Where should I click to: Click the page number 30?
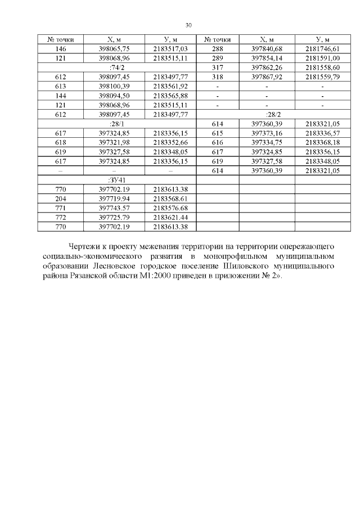click(188, 25)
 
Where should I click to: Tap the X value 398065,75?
click(114, 49)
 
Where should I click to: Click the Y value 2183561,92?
click(170, 86)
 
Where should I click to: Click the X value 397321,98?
click(114, 142)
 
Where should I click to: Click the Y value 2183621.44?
click(170, 217)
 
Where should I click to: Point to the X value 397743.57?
click(114, 208)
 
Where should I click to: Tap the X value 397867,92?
click(267, 76)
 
